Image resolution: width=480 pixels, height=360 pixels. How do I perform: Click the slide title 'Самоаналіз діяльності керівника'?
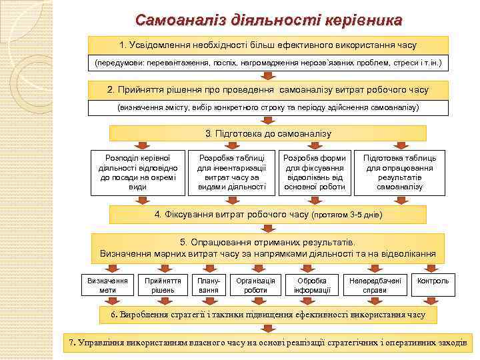pyautogui.click(x=269, y=19)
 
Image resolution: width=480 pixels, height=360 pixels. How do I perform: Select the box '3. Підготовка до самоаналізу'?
pyautogui.click(x=269, y=134)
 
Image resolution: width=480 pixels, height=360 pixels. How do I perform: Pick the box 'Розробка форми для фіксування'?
pyautogui.click(x=315, y=173)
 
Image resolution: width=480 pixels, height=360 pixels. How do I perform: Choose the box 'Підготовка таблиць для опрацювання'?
pyautogui.click(x=399, y=173)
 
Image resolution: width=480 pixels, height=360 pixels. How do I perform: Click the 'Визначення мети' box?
pyautogui.click(x=107, y=285)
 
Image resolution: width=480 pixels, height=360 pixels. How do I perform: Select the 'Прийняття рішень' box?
pyautogui.click(x=160, y=285)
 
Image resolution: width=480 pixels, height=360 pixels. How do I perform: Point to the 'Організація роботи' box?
pyautogui.click(x=255, y=285)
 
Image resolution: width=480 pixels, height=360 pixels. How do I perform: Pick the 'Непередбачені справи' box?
pyautogui.click(x=375, y=285)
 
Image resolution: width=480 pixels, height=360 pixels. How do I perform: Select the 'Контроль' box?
pyautogui.click(x=433, y=281)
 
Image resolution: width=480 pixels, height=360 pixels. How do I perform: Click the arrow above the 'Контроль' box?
pyautogui.click(x=433, y=268)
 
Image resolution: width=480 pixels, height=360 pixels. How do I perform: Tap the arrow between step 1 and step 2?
pyautogui.click(x=269, y=76)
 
